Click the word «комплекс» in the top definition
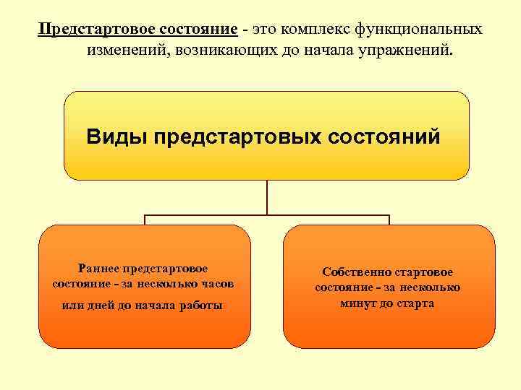tap(311, 30)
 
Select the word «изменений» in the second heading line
tap(123, 51)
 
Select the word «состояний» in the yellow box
tap(384, 136)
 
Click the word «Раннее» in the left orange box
tap(100, 269)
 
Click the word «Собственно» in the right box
tap(356, 272)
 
